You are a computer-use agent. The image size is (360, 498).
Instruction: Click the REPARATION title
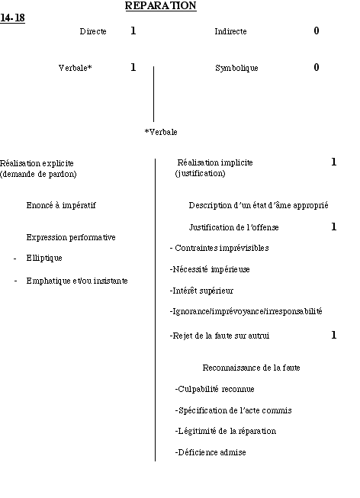pyautogui.click(x=161, y=5)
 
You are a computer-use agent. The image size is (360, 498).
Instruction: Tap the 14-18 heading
pyautogui.click(x=12, y=18)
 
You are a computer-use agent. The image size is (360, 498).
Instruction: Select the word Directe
pyautogui.click(x=93, y=31)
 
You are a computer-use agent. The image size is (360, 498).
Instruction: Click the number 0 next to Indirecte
pyautogui.click(x=317, y=31)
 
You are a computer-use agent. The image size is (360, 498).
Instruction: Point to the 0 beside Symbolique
pyautogui.click(x=317, y=67)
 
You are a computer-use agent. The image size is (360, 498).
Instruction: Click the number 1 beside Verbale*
pyautogui.click(x=133, y=67)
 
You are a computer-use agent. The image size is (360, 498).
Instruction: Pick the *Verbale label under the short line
pyautogui.click(x=161, y=132)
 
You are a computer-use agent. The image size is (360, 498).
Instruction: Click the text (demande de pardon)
pyautogui.click(x=38, y=174)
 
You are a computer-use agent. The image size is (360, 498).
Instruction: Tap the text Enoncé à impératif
pyautogui.click(x=61, y=205)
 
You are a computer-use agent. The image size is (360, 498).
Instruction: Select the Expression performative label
pyautogui.click(x=71, y=237)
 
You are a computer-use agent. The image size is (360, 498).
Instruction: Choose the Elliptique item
pyautogui.click(x=44, y=258)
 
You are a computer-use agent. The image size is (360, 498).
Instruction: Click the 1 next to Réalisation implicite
pyautogui.click(x=333, y=162)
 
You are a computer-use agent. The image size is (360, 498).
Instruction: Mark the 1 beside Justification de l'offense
pyautogui.click(x=333, y=227)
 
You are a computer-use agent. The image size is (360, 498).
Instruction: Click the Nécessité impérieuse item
pyautogui.click(x=210, y=269)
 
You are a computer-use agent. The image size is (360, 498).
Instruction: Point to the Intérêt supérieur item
pyautogui.click(x=201, y=291)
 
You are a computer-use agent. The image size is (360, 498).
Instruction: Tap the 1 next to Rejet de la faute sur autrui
pyautogui.click(x=333, y=335)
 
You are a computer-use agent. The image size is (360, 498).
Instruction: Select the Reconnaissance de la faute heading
pyautogui.click(x=252, y=368)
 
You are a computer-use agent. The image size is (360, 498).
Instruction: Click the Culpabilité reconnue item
pyautogui.click(x=214, y=389)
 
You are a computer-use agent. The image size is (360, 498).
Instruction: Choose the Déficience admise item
pyautogui.click(x=211, y=452)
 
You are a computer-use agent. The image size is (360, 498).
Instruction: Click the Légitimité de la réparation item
pyautogui.click(x=225, y=431)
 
